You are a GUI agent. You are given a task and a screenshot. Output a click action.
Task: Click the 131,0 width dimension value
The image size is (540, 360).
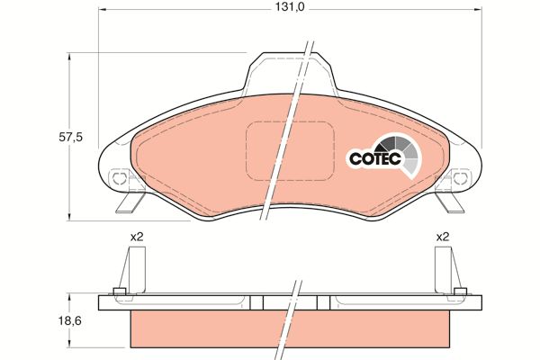(289, 7)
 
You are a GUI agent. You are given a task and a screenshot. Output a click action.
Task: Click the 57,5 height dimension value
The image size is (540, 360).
(71, 137)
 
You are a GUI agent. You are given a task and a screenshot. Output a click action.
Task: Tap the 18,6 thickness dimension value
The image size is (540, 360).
(71, 320)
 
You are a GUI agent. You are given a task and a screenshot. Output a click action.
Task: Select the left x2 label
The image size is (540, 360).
(137, 237)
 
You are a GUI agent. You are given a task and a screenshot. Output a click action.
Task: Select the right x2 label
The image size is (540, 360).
(443, 237)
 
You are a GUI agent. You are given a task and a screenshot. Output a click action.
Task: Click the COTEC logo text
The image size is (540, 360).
(375, 158)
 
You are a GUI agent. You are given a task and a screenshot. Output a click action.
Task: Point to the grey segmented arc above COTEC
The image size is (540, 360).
(402, 151)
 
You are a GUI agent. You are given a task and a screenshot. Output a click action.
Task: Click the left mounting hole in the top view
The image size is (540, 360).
(119, 178)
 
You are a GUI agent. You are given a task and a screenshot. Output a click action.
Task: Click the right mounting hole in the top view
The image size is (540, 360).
(461, 178)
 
